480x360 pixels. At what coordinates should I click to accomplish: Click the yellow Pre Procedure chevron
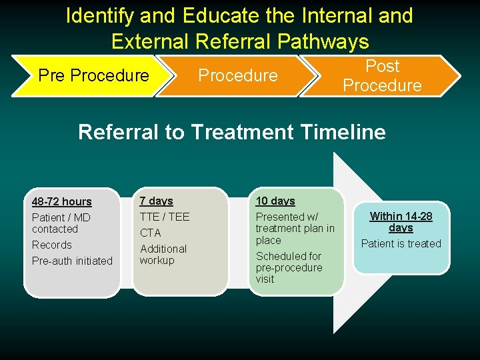[93, 75]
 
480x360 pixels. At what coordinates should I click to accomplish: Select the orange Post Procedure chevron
[382, 75]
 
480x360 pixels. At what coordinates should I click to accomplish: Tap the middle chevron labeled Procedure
[237, 75]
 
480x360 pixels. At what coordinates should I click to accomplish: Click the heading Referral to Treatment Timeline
[231, 132]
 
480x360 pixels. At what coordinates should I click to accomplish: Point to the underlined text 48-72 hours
[61, 201]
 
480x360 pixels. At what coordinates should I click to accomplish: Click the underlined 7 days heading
[156, 201]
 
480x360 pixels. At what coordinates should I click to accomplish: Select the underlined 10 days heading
[275, 201]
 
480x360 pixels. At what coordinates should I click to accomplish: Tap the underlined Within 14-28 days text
[401, 221]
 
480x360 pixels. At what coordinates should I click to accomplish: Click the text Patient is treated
[401, 243]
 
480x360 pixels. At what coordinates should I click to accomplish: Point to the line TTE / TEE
[164, 217]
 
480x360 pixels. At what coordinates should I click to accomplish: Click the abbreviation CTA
[150, 233]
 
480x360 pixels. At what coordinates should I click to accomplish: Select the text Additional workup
[163, 254]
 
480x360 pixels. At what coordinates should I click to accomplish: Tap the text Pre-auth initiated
[72, 261]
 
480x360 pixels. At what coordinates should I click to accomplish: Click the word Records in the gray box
[51, 245]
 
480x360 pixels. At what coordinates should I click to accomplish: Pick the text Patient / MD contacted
[61, 223]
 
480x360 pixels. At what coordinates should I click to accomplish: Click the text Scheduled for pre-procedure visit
[289, 267]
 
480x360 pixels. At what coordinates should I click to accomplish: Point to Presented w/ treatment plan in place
[295, 228]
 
